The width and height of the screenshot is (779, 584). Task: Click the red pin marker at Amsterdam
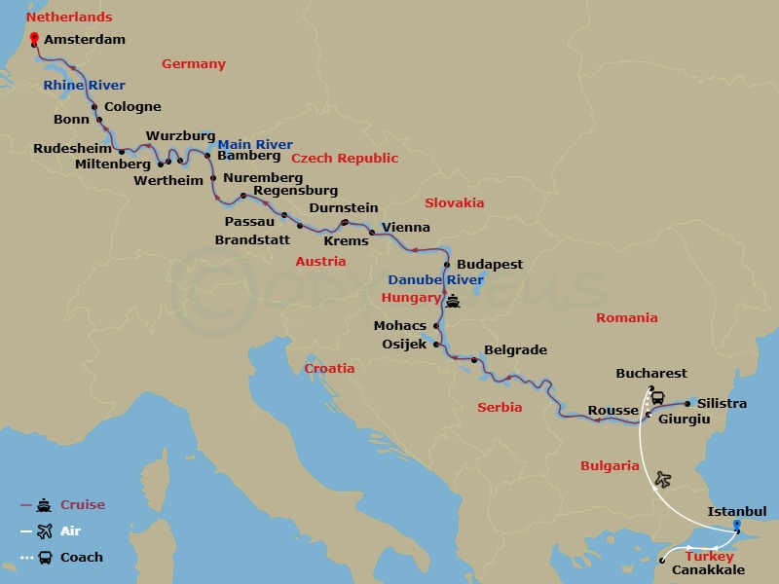click(35, 39)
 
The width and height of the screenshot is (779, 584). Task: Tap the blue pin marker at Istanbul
click(736, 527)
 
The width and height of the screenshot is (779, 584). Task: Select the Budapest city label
click(490, 264)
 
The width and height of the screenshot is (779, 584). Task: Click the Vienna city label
click(406, 227)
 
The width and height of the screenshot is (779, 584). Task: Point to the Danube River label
click(435, 280)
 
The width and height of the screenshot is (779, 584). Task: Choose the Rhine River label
click(84, 86)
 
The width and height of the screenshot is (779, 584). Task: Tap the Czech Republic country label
click(346, 158)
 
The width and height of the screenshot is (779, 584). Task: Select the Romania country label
click(627, 317)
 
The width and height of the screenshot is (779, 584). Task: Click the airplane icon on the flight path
click(663, 479)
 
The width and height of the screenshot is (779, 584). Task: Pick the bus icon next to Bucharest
click(658, 397)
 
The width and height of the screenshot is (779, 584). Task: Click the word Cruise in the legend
click(83, 505)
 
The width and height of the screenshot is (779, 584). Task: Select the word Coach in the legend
click(82, 558)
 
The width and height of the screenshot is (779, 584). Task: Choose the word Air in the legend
click(71, 531)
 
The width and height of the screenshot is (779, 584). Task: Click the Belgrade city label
click(515, 349)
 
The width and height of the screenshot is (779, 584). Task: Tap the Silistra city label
click(722, 403)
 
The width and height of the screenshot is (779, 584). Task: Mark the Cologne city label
click(132, 107)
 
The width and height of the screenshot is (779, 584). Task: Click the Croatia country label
click(329, 369)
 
